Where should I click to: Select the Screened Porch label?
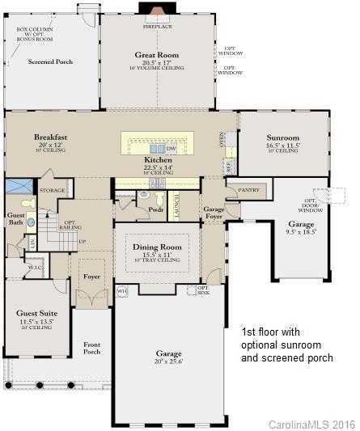coord(49,61)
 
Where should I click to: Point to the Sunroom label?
coord(283,138)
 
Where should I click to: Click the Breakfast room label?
coord(50,137)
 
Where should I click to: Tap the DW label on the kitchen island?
coord(172,150)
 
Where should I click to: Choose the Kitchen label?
coord(159,161)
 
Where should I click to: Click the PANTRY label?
coord(248,191)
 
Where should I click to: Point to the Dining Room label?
coord(153,246)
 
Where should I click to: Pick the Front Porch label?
coord(92,349)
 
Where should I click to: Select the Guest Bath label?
coord(15,221)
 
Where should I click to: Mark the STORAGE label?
coord(52,191)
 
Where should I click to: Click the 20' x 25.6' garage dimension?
coord(169,363)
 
